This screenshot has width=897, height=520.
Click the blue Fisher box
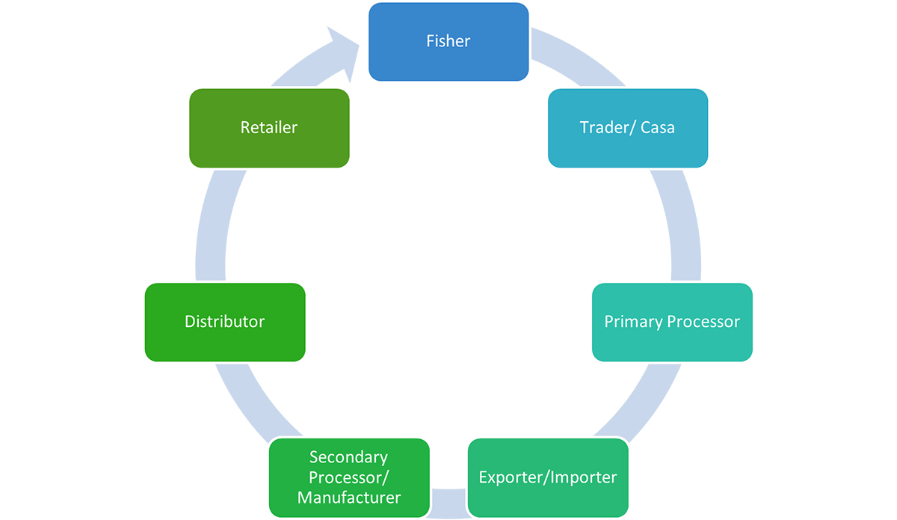pos(449,42)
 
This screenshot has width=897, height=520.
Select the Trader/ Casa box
pos(627,128)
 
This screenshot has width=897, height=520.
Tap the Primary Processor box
pos(672,322)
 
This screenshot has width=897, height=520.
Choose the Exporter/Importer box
pos(548,477)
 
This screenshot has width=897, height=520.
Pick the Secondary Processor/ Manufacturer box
pos(349,477)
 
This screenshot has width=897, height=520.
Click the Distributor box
pos(225,322)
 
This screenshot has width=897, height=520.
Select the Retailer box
pos(269,128)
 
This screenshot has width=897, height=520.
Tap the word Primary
pos(633,322)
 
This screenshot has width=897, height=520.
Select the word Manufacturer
pos(349,498)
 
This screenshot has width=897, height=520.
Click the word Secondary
pos(349,457)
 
